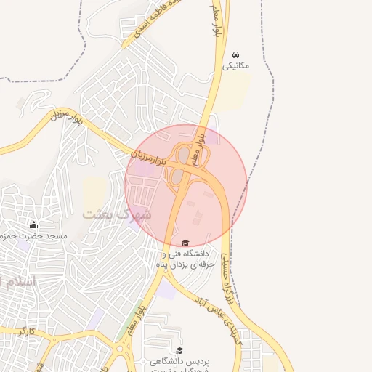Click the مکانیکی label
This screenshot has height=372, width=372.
(x=235, y=65)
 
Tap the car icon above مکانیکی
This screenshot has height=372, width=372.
(x=235, y=54)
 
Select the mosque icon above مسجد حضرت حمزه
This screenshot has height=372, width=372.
(x=33, y=225)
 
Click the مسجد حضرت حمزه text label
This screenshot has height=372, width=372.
(x=36, y=236)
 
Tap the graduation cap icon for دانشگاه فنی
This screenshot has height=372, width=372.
(x=185, y=243)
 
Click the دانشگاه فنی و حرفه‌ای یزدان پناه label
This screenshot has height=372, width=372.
(x=185, y=259)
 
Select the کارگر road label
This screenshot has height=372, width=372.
(x=27, y=331)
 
